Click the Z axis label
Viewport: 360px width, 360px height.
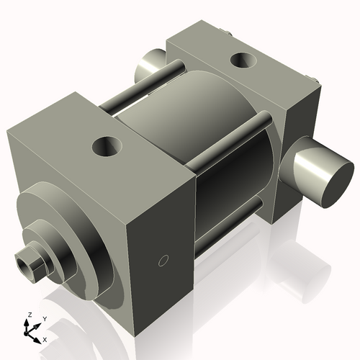(x=28, y=315)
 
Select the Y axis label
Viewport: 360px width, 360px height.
(x=44, y=318)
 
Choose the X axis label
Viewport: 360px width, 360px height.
(x=45, y=338)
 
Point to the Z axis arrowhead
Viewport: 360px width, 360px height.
(x=29, y=323)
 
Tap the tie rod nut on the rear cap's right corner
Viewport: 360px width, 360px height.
(x=315, y=80)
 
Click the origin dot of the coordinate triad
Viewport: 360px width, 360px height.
(x=30, y=332)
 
